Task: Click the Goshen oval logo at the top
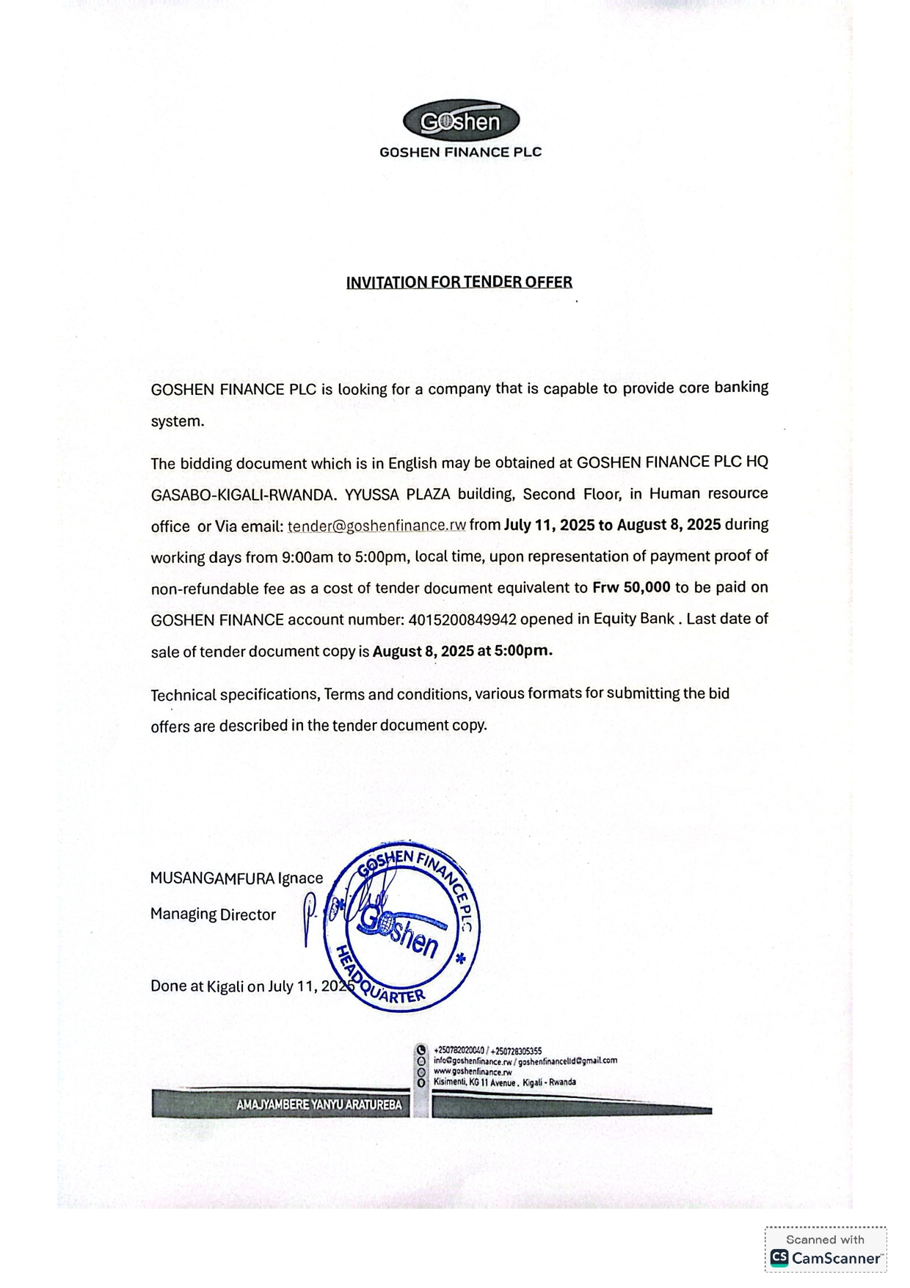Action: pyautogui.click(x=461, y=121)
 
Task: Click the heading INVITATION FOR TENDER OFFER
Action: pyautogui.click(x=459, y=282)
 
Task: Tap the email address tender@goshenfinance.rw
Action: pyautogui.click(x=376, y=525)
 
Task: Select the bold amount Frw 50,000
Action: pyautogui.click(x=631, y=587)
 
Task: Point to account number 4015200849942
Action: pyautogui.click(x=462, y=619)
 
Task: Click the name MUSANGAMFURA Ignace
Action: pyautogui.click(x=236, y=878)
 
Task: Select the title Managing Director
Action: pyautogui.click(x=213, y=914)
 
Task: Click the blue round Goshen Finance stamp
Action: pyautogui.click(x=402, y=927)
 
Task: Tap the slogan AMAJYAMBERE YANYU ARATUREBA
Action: pyautogui.click(x=318, y=1105)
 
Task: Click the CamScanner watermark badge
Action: pyautogui.click(x=826, y=1249)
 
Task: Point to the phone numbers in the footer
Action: pyautogui.click(x=487, y=1051)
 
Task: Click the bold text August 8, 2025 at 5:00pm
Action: pyautogui.click(x=462, y=650)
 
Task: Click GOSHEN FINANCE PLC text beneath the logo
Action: pyautogui.click(x=460, y=152)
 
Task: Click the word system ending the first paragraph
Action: pyautogui.click(x=176, y=421)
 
